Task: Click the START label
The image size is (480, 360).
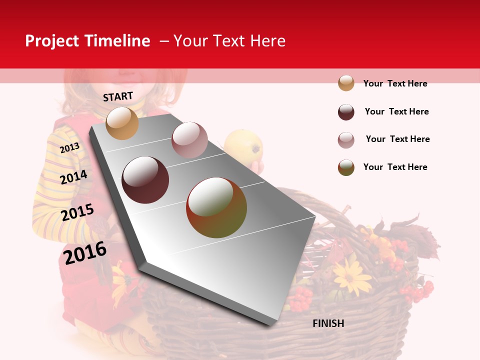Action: (118, 96)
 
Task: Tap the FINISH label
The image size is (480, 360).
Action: (328, 323)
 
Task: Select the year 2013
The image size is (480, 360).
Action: (70, 147)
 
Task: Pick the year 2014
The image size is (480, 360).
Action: (74, 177)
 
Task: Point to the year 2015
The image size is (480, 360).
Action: (77, 212)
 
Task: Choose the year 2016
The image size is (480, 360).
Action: (85, 252)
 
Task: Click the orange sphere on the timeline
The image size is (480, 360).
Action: (122, 123)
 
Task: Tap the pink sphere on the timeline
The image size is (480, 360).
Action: (189, 140)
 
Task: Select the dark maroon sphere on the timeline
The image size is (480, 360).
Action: (145, 180)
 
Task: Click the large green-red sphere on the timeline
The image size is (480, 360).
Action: (216, 207)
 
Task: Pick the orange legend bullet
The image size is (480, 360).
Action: (346, 83)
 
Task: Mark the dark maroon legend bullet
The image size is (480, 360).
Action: (346, 112)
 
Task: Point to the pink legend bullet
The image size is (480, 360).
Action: (346, 140)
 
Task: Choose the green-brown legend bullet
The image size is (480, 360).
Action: (346, 167)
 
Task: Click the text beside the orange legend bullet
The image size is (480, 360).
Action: (395, 83)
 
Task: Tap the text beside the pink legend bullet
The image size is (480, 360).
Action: (397, 139)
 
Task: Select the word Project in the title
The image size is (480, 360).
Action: (52, 41)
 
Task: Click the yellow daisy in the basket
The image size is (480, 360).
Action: (352, 274)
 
